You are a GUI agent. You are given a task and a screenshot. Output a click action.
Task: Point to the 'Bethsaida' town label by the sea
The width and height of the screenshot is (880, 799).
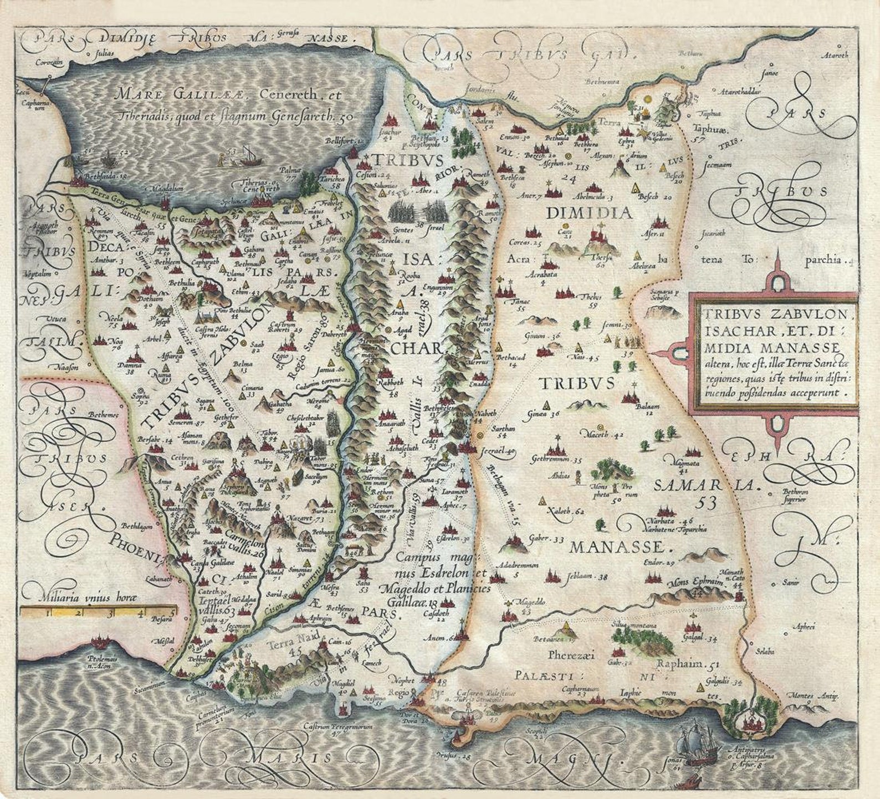[103, 177]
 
